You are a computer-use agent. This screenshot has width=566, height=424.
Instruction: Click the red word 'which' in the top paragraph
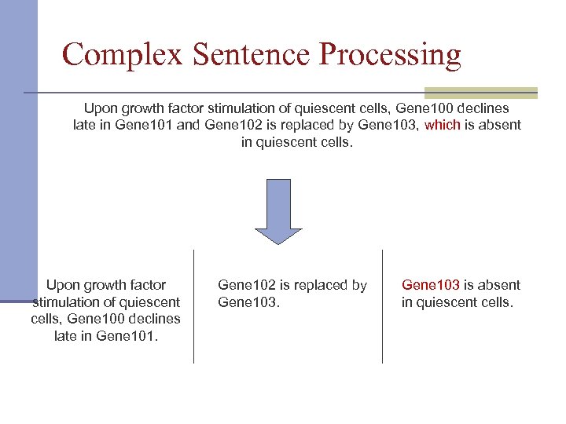[442, 125]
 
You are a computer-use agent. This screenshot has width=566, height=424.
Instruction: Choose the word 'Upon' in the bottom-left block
[64, 285]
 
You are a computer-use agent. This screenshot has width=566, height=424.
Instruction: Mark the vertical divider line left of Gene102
[194, 306]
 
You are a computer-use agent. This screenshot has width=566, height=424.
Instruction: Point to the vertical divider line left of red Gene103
[383, 306]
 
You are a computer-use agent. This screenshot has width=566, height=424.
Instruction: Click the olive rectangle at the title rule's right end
[480, 93]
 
